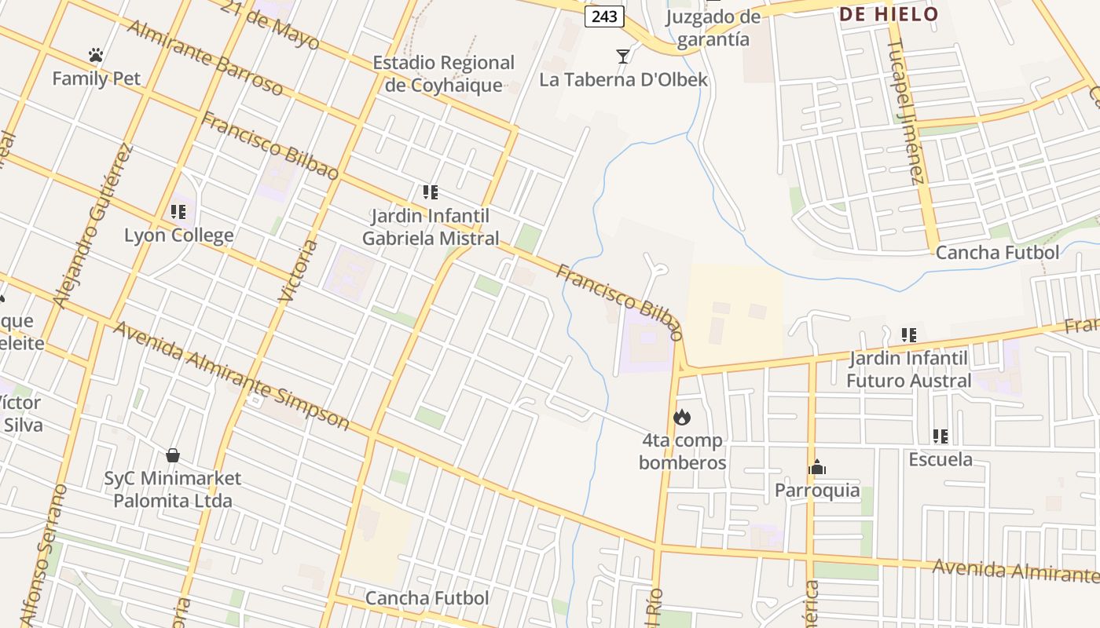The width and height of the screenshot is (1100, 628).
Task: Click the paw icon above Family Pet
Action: pos(96,55)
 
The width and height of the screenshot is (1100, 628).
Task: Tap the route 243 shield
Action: pos(604,16)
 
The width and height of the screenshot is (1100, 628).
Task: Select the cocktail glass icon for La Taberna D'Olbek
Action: pos(623,56)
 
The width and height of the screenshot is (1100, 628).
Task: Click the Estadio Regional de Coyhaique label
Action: pos(443,74)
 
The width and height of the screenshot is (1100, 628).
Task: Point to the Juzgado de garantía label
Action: pos(713,28)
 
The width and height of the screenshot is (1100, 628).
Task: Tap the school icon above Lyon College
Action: pos(178,211)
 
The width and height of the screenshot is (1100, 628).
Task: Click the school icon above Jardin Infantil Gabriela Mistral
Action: pos(430,192)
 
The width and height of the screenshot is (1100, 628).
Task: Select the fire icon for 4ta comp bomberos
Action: pos(682,417)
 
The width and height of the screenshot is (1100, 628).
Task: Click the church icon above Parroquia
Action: pos(817,468)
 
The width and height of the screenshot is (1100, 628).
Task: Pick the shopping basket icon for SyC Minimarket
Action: pos(173,455)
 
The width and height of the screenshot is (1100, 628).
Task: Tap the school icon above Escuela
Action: pos(940,436)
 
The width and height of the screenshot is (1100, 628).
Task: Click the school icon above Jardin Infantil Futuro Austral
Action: pos(908,335)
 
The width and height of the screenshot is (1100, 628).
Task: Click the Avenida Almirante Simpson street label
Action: pos(231,375)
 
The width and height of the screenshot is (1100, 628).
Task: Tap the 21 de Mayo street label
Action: pos(270,24)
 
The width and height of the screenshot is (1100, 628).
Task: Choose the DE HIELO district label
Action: pos(889,14)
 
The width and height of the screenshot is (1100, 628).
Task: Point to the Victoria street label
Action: pos(299,272)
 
